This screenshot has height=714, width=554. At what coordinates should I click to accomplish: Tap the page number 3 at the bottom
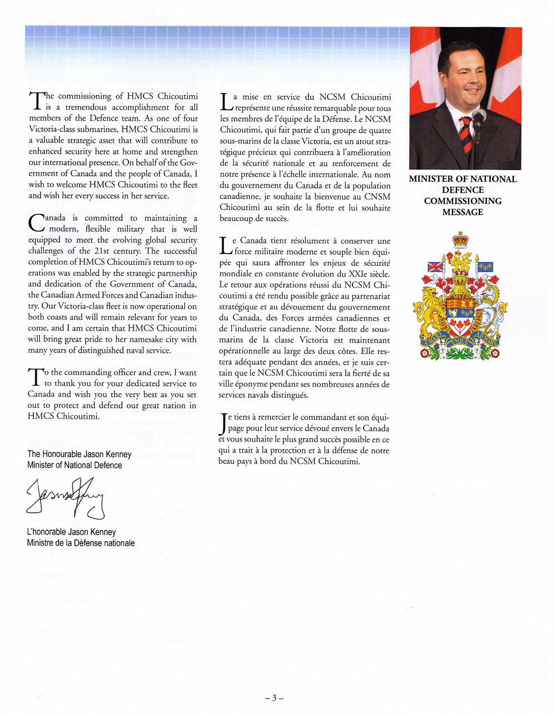tap(274, 698)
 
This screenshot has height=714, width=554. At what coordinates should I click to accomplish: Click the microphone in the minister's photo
tap(479, 117)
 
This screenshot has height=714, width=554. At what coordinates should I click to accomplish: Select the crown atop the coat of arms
tap(460, 240)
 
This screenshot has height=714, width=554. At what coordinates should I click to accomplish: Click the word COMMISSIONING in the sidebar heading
tap(463, 201)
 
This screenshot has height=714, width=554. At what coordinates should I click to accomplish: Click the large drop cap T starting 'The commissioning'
tap(36, 101)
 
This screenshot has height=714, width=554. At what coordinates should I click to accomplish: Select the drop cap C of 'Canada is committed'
tap(36, 223)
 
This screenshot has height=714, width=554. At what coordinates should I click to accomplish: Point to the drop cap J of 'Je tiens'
tap(223, 424)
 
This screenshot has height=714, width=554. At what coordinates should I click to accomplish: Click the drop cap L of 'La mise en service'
tap(226, 102)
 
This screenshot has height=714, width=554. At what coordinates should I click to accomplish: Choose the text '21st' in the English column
tap(101, 251)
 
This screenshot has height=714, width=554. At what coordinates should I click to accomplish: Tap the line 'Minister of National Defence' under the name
tap(75, 465)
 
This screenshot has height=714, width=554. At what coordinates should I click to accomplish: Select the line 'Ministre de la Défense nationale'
tap(81, 543)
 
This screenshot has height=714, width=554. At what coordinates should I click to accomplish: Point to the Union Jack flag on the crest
tap(435, 267)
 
